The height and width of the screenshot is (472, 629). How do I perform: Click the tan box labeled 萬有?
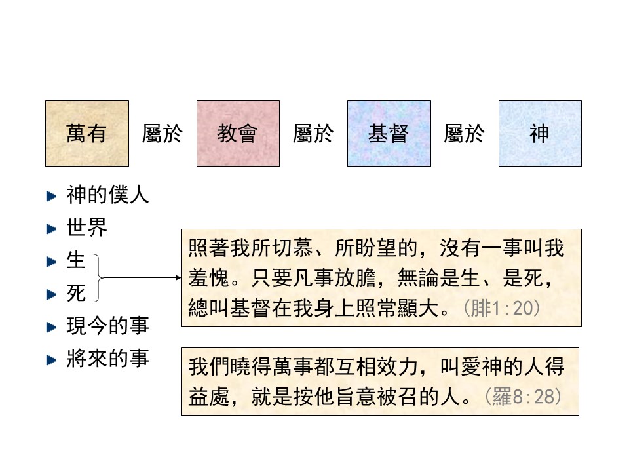click(87, 133)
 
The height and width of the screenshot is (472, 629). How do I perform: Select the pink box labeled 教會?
click(238, 133)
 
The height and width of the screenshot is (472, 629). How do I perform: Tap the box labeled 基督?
click(389, 133)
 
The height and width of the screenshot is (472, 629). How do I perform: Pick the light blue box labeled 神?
click(540, 133)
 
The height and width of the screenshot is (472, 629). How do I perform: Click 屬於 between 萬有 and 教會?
click(162, 133)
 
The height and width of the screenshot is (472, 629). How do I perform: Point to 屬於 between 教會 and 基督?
click(313, 133)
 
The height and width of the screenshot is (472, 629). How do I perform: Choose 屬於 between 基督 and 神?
click(464, 133)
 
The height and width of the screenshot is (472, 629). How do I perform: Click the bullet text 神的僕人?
click(107, 195)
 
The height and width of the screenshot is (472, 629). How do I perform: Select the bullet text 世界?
click(86, 227)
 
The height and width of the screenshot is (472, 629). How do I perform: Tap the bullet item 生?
click(76, 260)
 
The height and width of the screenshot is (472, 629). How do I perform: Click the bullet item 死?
click(76, 293)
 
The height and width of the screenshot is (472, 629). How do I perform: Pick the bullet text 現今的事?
click(107, 326)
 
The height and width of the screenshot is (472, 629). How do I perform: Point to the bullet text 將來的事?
click(107, 359)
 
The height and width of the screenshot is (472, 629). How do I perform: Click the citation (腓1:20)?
click(501, 309)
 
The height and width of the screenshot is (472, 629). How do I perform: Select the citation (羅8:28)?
click(523, 397)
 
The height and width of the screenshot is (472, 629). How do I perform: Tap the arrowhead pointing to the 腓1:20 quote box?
click(179, 277)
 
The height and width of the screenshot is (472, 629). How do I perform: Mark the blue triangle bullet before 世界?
click(52, 229)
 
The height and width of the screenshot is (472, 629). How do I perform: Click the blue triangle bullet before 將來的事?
click(52, 360)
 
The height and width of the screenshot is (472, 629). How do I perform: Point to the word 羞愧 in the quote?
click(209, 278)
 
